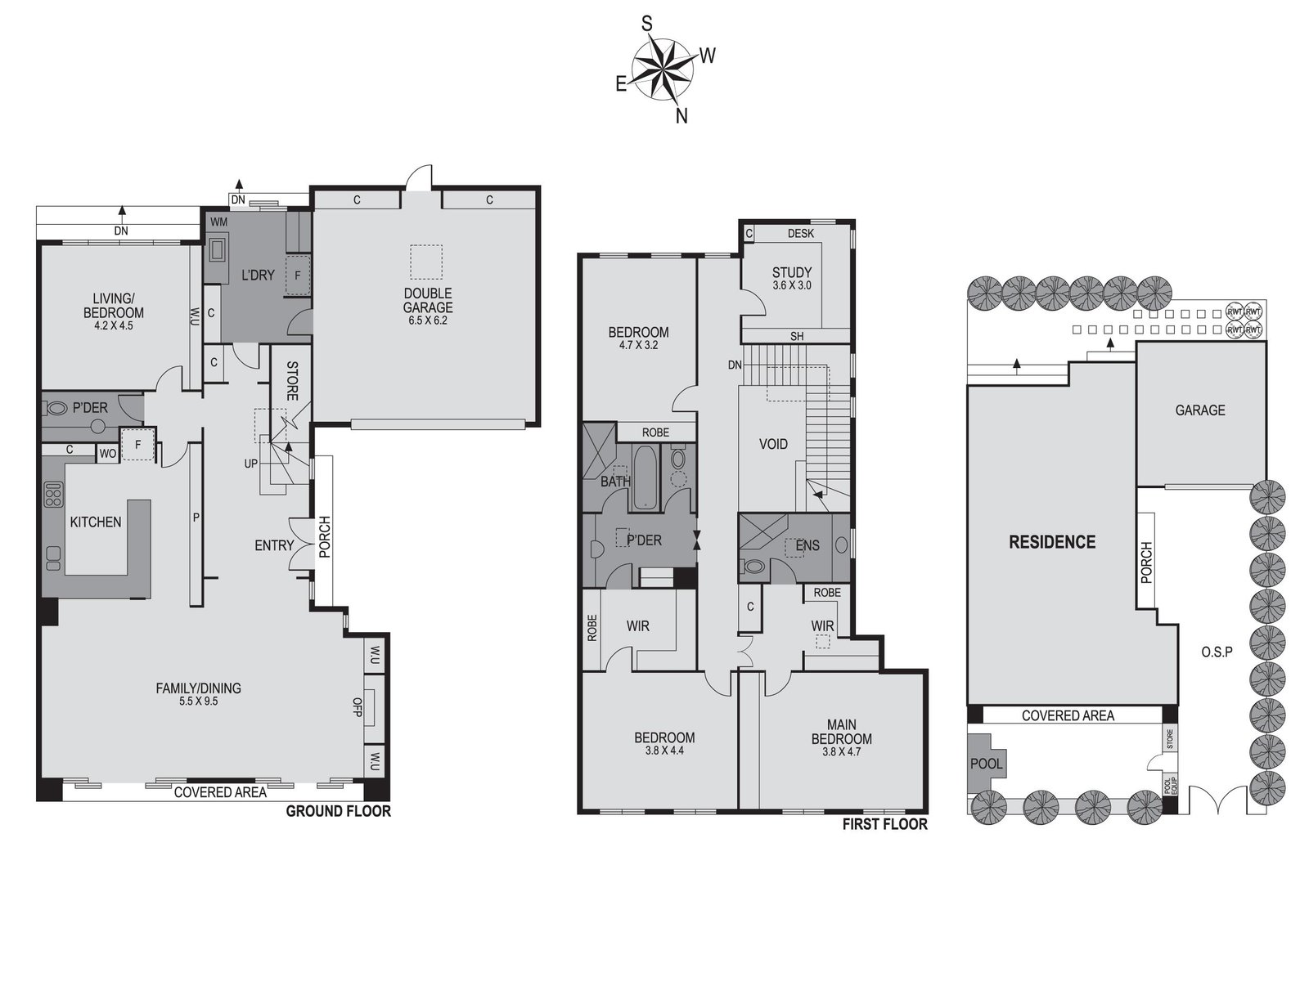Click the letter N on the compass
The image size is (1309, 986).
pos(681,116)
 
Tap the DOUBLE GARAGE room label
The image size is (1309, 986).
pos(428,301)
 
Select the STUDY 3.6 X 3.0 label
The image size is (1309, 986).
pos(791,278)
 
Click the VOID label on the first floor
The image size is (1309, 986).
pos(773,444)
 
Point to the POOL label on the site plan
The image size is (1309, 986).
pos(986,764)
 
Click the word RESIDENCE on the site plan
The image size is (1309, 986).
pos(1051,542)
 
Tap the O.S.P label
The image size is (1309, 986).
pos(1217,652)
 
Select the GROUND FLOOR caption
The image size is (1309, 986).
pos(338,811)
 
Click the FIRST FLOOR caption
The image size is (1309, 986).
pos(884,824)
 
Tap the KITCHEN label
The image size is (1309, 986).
pos(95,522)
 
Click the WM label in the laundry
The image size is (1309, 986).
pos(219,222)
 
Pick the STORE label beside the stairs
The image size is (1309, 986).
pos(292,381)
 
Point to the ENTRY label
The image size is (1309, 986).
pos(273,545)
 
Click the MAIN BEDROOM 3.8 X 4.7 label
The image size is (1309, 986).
pos(841,738)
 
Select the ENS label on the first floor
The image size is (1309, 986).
pos(807,545)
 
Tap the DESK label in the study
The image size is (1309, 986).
pos(800,234)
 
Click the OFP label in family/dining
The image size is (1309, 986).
pos(358,706)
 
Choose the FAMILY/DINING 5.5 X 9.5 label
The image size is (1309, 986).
pos(198,694)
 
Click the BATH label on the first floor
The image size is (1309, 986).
pos(615,481)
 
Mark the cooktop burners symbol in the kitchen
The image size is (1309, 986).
pos(53,495)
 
